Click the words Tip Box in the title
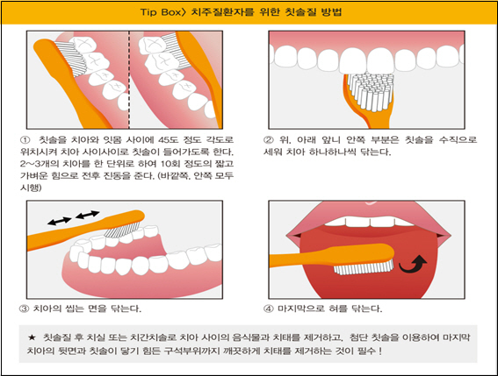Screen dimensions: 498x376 point(161,12)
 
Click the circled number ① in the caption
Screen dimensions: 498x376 point(25,140)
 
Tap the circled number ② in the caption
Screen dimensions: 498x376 point(269,140)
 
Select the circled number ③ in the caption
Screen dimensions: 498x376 point(25,309)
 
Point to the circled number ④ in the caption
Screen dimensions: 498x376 point(269,309)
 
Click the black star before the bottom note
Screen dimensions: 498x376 point(32,337)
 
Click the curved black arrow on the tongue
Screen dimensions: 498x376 point(413,264)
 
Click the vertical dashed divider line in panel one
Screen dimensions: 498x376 point(129,80)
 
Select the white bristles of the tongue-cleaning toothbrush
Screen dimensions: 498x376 point(364,267)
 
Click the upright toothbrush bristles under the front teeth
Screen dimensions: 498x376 point(371,91)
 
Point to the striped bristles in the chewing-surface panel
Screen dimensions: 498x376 point(122,230)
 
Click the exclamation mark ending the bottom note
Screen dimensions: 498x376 point(380,351)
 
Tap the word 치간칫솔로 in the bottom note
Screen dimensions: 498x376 point(154,337)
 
